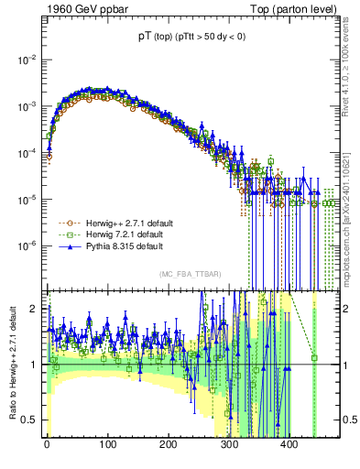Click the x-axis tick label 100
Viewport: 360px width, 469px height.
(x=107, y=446)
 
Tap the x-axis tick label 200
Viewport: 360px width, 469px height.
(x=168, y=446)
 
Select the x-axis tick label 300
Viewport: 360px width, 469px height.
(x=228, y=446)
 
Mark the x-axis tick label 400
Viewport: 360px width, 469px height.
(x=289, y=446)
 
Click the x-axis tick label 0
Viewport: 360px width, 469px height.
(x=47, y=446)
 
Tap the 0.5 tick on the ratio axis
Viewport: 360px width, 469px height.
(x=31, y=420)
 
